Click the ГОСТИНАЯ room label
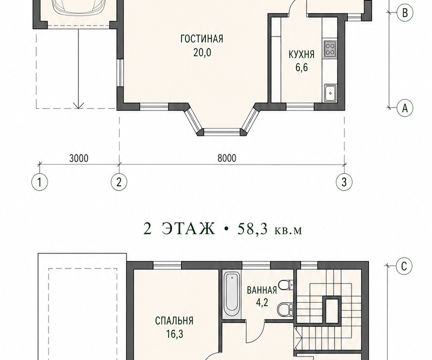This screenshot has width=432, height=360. tap(201, 39)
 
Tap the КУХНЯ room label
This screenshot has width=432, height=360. tap(301, 54)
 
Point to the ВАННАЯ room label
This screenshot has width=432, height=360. tap(261, 290)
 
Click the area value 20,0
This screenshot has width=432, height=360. tap(202, 52)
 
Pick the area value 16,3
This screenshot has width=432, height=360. tap(174, 334)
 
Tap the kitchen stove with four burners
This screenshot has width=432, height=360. tap(330, 49)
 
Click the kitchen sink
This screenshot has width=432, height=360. tap(330, 93)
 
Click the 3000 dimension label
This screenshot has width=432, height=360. tap(79, 158)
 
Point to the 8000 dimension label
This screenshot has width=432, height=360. tap(226, 158)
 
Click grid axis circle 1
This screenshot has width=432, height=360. tap(39, 182)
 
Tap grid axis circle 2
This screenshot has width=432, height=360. tap(119, 182)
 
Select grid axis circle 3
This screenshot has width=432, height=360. tap(344, 182)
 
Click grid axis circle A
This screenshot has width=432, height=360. tap(404, 108)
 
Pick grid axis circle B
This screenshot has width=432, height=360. tap(404, 12)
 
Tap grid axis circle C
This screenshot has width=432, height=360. tap(404, 266)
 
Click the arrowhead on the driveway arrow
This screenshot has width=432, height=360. tap(78, 105)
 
